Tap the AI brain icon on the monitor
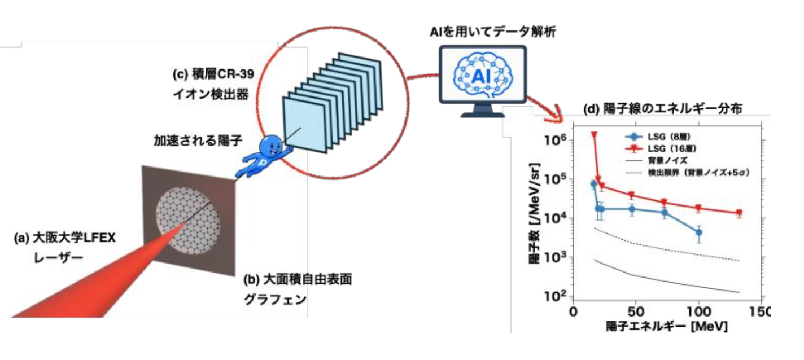coord(482,75)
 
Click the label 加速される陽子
coord(198,140)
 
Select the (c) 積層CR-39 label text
coord(213,74)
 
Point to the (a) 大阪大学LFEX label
coord(64,238)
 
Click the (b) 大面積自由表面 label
coord(298,279)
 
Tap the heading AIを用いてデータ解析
coord(493,32)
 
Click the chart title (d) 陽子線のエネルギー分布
coord(662,108)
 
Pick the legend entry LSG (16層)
coord(661,148)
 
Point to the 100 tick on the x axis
coord(698,311)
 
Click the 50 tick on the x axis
coord(636,311)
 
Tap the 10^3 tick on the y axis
coord(555,257)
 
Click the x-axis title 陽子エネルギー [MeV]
coord(667,327)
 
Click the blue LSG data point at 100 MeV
coord(698,232)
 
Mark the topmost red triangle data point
coord(594,135)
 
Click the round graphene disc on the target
coord(187,220)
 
